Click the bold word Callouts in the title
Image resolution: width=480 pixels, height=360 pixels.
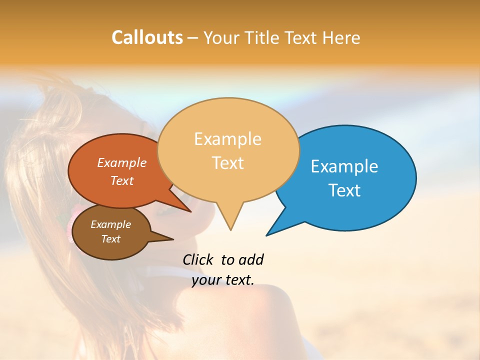pyautogui.click(x=147, y=37)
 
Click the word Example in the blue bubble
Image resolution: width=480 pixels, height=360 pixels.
pyautogui.click(x=344, y=166)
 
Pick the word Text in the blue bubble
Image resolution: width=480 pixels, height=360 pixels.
pyautogui.click(x=344, y=190)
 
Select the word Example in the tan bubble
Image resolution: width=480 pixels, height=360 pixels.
pyautogui.click(x=227, y=139)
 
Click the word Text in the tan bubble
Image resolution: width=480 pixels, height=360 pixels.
pyautogui.click(x=227, y=163)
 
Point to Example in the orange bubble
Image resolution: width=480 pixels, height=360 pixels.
pyautogui.click(x=122, y=162)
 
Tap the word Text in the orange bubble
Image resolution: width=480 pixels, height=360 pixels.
pyautogui.click(x=122, y=180)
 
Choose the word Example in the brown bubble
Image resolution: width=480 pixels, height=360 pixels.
pyautogui.click(x=110, y=224)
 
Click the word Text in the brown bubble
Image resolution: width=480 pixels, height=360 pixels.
pyautogui.click(x=110, y=239)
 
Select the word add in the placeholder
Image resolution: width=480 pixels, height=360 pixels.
pyautogui.click(x=251, y=259)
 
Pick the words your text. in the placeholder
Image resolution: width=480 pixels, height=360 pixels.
pyautogui.click(x=223, y=280)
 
